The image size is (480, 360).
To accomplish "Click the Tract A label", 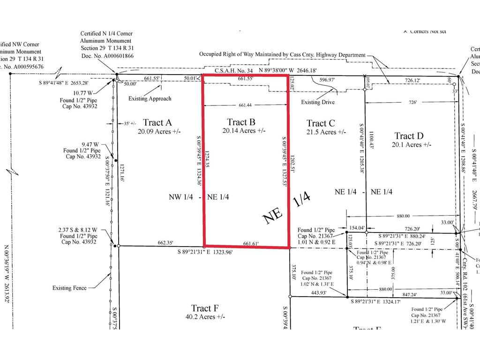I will point(157,122).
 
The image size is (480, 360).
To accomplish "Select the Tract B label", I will point(240,122).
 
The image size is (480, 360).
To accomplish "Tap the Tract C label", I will point(321,123).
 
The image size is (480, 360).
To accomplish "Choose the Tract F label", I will point(205,308).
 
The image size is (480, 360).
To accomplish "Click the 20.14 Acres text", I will point(244,131).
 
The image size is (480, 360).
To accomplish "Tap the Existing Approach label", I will point(150,98).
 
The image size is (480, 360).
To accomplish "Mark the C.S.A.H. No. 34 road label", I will point(234,71).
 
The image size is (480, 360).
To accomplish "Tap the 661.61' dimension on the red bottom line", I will point(252,243).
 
